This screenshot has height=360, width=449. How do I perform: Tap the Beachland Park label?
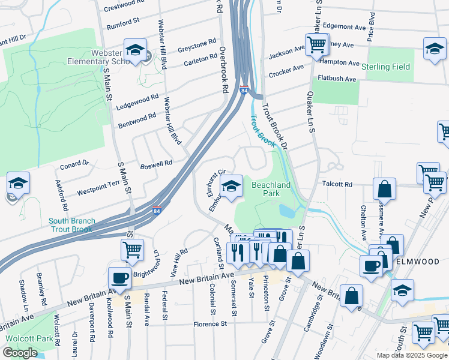pos(271,189)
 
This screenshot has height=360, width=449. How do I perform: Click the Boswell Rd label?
pos(156,163)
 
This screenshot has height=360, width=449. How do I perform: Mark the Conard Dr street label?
pos(74,164)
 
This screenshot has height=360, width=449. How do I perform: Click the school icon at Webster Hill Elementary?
pos(135,50)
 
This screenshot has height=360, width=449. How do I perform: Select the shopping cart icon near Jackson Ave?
pos(316,44)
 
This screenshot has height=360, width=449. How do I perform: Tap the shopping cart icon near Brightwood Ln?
pos(132,250)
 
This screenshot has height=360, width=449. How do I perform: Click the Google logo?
pos(20,353)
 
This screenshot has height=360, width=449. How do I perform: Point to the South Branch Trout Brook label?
pos(70,225)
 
